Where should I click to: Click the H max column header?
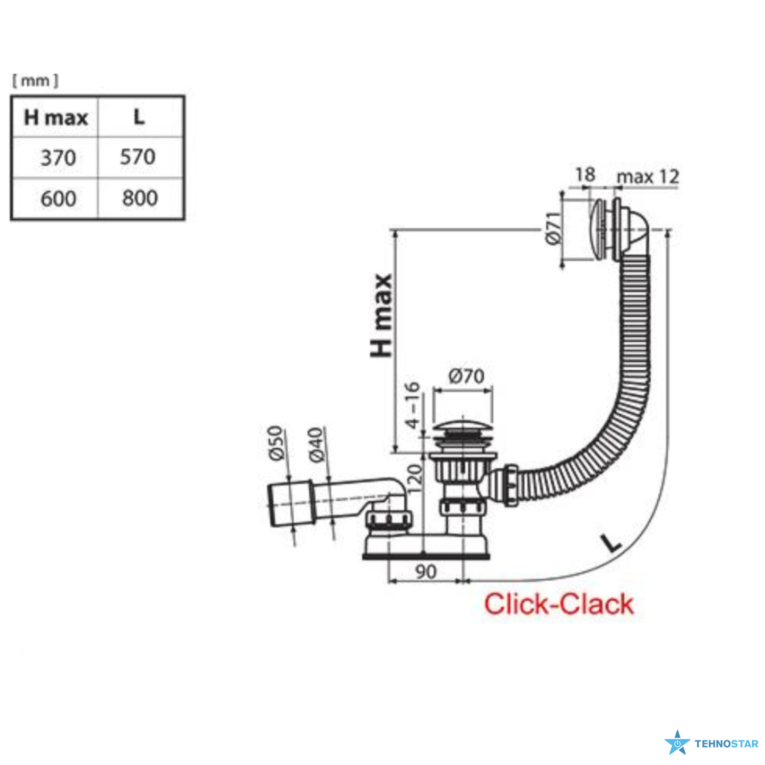pyautogui.click(x=56, y=118)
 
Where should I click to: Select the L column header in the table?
pyautogui.click(x=139, y=117)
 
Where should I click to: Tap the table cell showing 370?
pyautogui.click(x=58, y=158)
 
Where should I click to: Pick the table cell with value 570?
pyautogui.click(x=138, y=157)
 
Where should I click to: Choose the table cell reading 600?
pyautogui.click(x=58, y=198)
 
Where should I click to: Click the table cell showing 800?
pyautogui.click(x=140, y=198)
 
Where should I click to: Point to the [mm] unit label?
pyautogui.click(x=35, y=80)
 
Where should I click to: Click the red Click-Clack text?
pyautogui.click(x=558, y=604)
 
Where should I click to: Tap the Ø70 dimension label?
pyautogui.click(x=466, y=376)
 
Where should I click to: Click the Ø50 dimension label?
pyautogui.click(x=275, y=443)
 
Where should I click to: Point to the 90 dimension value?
pyautogui.click(x=426, y=572)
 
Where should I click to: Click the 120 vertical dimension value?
pyautogui.click(x=415, y=478)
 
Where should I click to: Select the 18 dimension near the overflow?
pyautogui.click(x=585, y=174)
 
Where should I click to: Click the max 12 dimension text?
pyautogui.click(x=648, y=176)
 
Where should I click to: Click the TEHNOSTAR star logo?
pyautogui.click(x=677, y=743)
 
